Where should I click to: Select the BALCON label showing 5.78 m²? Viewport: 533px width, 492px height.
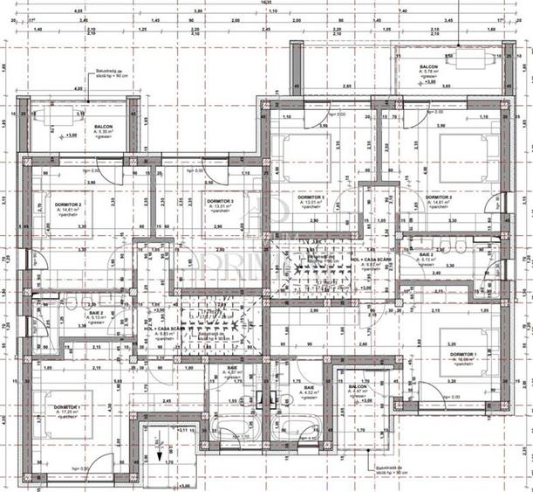[428, 67]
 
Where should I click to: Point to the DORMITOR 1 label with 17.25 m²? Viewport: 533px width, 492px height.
[68, 410]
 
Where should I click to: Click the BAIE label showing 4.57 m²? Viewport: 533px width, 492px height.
[232, 371]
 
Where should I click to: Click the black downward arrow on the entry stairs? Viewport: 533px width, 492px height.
[160, 454]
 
